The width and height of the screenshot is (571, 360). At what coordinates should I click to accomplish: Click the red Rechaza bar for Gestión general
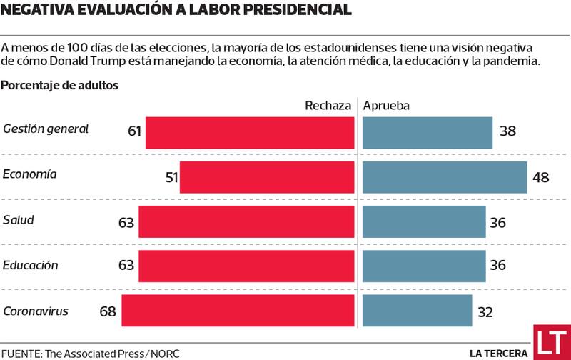click(250, 132)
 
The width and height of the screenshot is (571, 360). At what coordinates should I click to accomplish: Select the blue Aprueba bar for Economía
click(444, 176)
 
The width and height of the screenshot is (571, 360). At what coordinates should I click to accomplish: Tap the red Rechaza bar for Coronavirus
click(238, 311)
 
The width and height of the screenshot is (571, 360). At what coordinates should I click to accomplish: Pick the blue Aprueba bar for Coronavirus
click(417, 311)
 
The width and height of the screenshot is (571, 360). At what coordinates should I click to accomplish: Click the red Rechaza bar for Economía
click(267, 176)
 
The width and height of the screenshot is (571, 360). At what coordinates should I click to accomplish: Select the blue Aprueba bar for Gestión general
click(427, 132)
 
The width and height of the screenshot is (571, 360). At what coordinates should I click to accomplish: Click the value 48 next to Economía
click(540, 177)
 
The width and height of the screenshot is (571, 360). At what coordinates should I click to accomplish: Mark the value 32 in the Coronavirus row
click(485, 312)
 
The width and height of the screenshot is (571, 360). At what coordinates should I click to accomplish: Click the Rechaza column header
click(328, 106)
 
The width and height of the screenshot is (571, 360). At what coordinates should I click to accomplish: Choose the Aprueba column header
click(386, 106)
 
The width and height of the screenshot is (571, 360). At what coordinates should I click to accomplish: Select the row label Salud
click(18, 220)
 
